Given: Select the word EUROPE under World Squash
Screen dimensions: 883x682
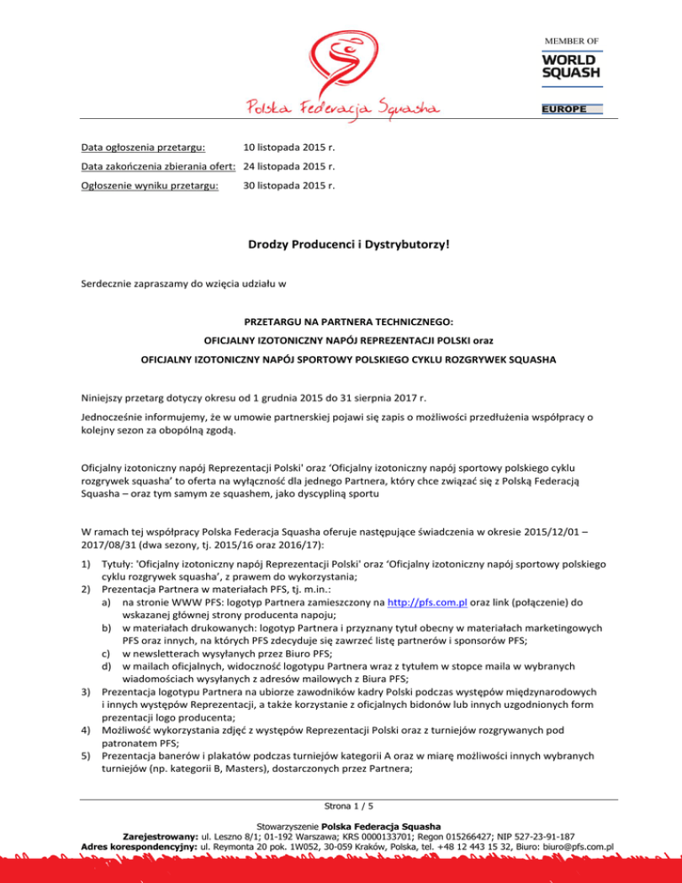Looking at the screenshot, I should click(x=571, y=109).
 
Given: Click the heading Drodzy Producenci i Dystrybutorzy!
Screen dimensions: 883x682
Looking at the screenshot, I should click(x=341, y=242).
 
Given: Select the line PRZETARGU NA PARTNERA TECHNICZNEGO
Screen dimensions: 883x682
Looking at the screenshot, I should click(x=341, y=328).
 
